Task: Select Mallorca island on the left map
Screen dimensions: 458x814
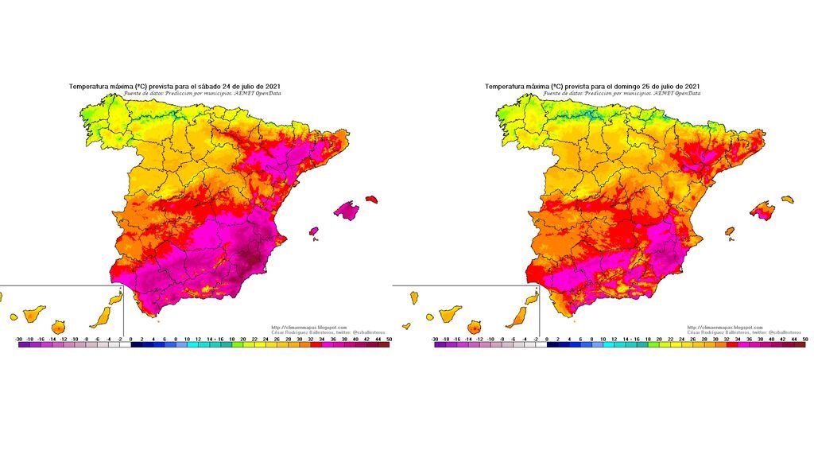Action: (346, 209)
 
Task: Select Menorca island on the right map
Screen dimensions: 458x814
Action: (788, 199)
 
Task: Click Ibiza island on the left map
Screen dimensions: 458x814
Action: (313, 232)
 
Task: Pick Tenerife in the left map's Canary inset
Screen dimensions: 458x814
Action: (58, 326)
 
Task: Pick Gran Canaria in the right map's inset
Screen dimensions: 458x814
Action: (475, 327)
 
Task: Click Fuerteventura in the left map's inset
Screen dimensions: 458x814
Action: (100, 317)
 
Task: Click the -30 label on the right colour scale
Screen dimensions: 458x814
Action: (435, 339)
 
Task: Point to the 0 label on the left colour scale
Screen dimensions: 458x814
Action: (131, 339)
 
